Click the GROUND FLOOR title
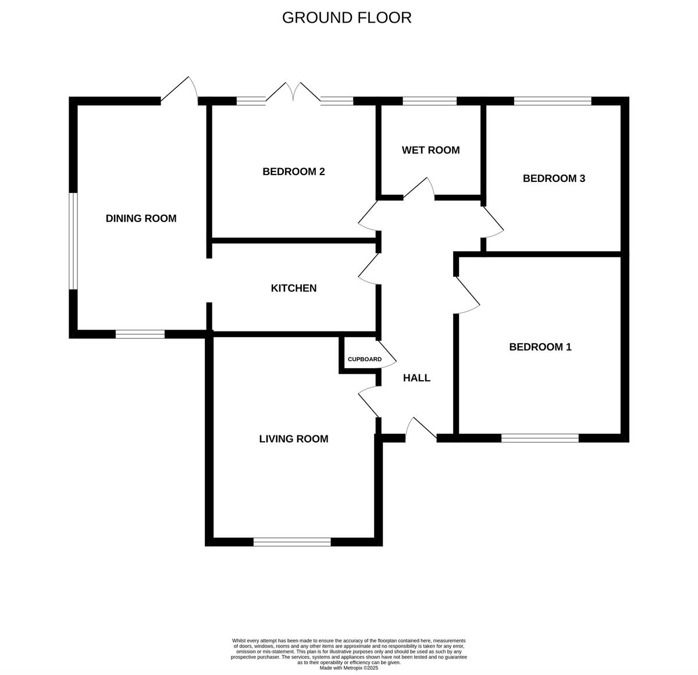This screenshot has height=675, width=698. point(347,18)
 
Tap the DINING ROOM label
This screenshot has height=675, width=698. point(141,219)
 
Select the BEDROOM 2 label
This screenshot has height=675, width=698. point(293,172)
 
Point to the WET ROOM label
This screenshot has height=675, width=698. point(430,150)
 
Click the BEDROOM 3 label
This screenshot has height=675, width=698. point(554,178)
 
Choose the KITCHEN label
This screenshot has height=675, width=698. point(294,288)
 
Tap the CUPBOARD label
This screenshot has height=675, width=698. point(365,359)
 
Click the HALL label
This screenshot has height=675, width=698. point(416,378)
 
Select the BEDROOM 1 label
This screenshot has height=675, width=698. point(540,347)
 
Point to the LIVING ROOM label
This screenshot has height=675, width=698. point(294,439)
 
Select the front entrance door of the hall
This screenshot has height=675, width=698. point(420,428)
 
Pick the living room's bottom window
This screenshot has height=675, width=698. point(292,542)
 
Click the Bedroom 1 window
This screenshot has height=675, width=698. point(540,438)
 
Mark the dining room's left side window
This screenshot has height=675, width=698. point(73,241)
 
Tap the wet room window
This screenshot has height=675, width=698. point(429,101)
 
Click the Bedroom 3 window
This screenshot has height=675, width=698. point(552,101)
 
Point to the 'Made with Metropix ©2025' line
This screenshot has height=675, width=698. point(349,668)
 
